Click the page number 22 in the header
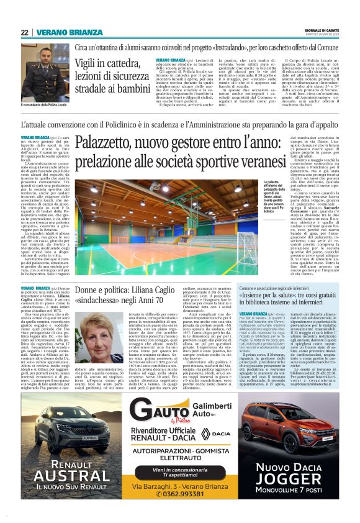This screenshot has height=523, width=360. pyautogui.click(x=25, y=32)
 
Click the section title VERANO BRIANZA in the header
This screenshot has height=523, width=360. pyautogui.click(x=69, y=32)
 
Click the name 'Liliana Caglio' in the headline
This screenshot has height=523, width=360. pyautogui.click(x=165, y=291)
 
